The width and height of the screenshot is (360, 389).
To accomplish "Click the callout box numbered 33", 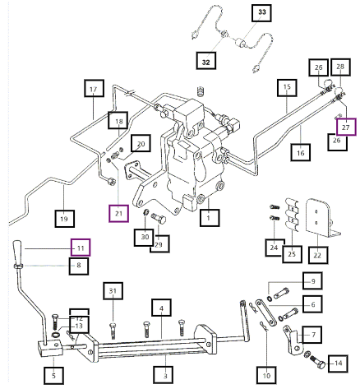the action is [262, 13].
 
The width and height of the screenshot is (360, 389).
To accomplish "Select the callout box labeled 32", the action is [206, 61].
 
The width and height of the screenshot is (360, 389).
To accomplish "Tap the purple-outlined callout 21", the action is [118, 213].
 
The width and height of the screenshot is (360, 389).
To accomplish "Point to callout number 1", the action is [210, 218].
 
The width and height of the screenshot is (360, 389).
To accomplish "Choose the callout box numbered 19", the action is [65, 219].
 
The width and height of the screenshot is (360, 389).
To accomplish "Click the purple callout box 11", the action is [81, 248].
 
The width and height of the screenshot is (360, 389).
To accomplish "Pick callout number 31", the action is [113, 291].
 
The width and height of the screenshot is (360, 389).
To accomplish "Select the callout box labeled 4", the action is [162, 308].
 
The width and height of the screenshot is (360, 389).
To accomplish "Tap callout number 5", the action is [53, 376].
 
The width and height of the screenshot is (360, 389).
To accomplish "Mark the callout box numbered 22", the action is [318, 255].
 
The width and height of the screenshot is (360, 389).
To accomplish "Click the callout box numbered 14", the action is [339, 364].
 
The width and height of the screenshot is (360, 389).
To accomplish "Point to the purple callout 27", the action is [346, 127].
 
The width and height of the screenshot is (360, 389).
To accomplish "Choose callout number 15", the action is [287, 88].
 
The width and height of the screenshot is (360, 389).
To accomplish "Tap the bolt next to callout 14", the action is [318, 362].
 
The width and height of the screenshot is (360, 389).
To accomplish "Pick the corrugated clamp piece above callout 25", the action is [292, 213].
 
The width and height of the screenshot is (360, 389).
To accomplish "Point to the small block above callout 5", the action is [50, 348].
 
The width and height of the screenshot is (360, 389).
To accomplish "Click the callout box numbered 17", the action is [94, 88].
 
